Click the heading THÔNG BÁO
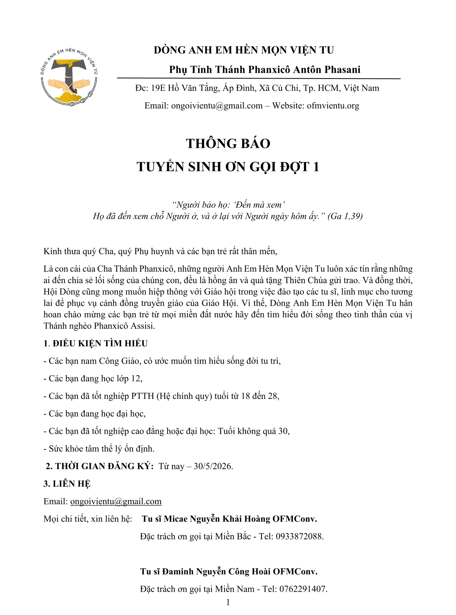coord(228,144)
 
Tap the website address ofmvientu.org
coord(333,106)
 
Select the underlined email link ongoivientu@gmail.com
coord(116,502)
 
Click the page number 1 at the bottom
coord(228,602)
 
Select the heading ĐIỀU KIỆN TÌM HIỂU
coord(100,344)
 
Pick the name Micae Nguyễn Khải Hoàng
coord(217,519)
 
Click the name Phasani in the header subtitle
coord(342,70)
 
